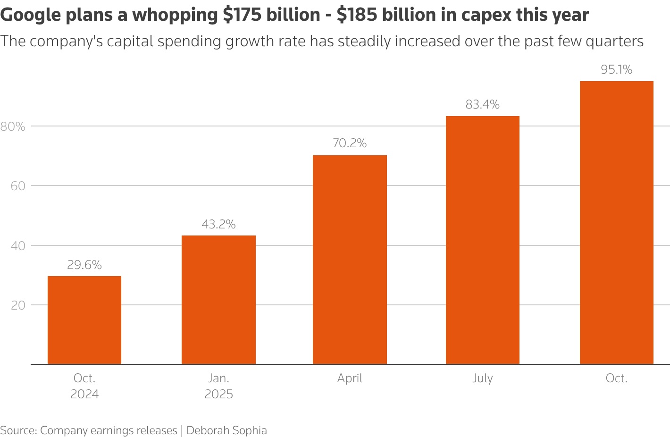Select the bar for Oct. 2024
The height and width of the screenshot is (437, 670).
point(84,320)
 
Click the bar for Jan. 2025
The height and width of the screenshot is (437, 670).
point(218,300)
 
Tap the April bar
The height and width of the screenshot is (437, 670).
point(350,260)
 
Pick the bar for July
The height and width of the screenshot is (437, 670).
point(482,240)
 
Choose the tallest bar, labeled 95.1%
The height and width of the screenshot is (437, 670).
point(616,222)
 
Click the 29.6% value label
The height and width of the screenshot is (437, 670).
point(84,265)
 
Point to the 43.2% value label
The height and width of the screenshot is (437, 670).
point(218,224)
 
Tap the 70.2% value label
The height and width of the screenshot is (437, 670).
point(350,143)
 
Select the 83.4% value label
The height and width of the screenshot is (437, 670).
point(482,104)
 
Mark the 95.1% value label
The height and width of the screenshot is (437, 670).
point(616,69)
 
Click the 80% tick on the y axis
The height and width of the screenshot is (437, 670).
point(13,126)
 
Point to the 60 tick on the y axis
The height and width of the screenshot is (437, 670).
point(18,186)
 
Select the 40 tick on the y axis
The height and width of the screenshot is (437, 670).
point(18,245)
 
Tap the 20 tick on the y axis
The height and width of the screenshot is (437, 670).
point(18,305)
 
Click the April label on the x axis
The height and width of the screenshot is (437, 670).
point(350,378)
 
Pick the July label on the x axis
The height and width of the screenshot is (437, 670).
point(482,378)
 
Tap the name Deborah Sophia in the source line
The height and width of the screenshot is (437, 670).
point(226,430)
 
